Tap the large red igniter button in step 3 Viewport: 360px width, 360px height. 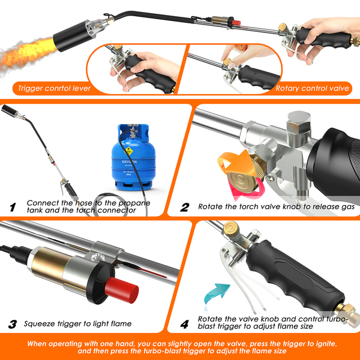click(121, 290)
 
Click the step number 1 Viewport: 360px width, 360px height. click(13, 207)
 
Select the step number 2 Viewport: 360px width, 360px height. click(185, 207)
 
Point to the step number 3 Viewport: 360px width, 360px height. click(13, 324)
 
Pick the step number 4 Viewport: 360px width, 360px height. click(185, 324)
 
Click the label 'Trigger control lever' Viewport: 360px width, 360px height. click(55, 88)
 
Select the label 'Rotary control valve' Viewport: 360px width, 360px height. click(312, 88)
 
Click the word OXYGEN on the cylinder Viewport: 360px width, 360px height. click(129, 161)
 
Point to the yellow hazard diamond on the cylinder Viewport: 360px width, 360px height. click(129, 151)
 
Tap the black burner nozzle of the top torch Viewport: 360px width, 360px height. click(73, 37)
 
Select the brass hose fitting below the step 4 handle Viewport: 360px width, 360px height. click(347, 313)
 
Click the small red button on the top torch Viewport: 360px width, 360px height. click(236, 23)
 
